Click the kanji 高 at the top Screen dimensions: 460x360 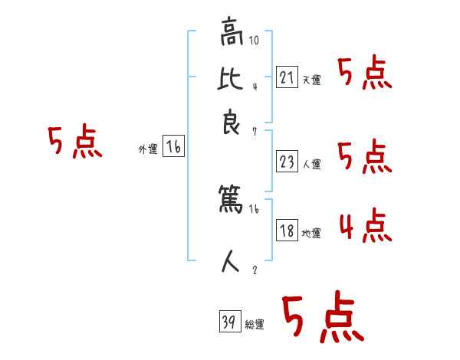coord(230,34)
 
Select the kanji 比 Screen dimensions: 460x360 coord(230,78)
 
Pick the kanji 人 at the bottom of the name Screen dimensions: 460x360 coord(230,263)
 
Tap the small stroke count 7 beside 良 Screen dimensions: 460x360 coord(254,133)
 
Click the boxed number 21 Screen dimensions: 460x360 coord(287,77)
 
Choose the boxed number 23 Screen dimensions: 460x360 coord(287,162)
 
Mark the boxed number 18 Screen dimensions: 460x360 coord(287,231)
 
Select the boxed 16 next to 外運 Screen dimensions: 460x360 coord(173,148)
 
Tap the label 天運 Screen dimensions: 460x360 coord(311,80)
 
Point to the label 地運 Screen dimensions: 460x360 coord(311,233)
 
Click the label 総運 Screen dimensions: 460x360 coord(255,325)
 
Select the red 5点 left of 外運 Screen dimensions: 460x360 coord(74,143)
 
